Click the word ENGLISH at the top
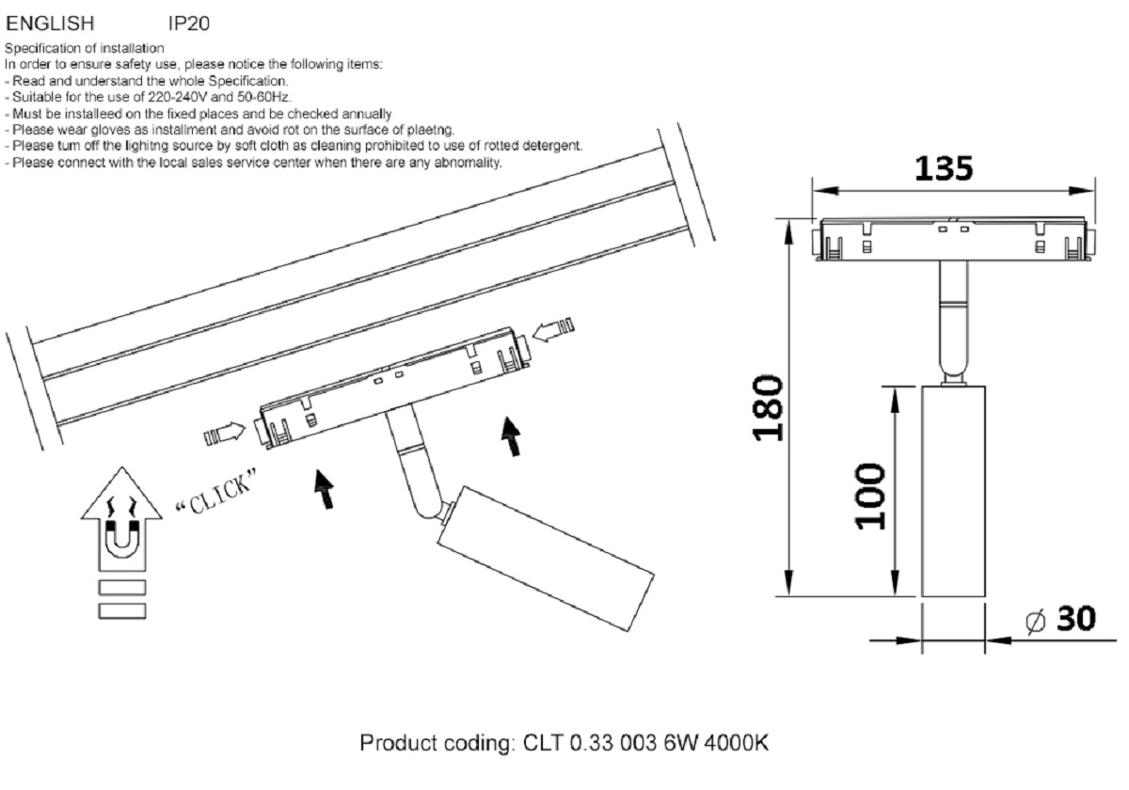click(50, 24)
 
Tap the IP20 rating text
click(189, 24)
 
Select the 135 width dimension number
click(944, 168)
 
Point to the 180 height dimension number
click(769, 407)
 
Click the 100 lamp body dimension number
click(870, 497)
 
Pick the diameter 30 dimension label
click(1061, 619)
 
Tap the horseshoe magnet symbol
click(122, 539)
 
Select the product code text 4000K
click(736, 743)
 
